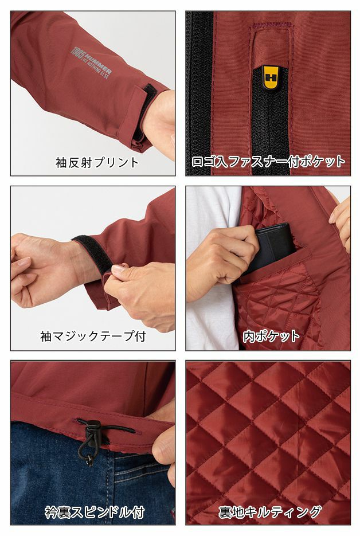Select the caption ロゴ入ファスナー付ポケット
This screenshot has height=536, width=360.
(268, 161)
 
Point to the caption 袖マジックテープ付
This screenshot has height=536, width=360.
(92, 336)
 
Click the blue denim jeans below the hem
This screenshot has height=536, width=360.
(57, 470)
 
